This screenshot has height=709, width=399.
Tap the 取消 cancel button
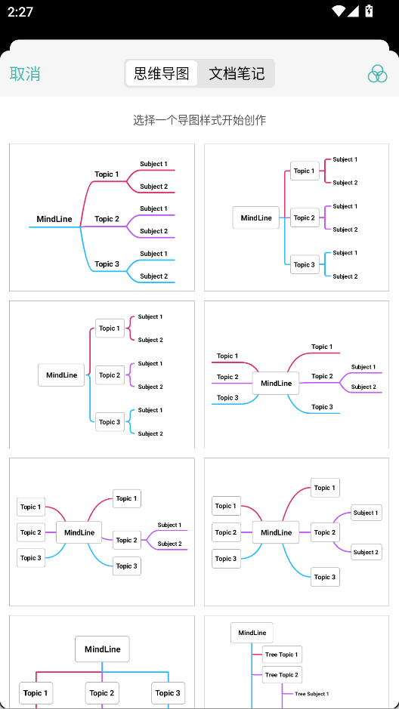tap(25, 73)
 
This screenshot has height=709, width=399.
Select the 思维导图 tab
tap(162, 73)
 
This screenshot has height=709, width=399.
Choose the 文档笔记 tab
tap(237, 73)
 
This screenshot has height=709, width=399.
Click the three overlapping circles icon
tap(377, 73)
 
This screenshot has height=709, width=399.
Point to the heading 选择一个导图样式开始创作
tap(199, 120)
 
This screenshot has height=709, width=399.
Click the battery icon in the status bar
tap(369, 11)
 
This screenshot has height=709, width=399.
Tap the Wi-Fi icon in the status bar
tap(338, 11)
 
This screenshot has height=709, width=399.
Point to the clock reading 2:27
tap(20, 11)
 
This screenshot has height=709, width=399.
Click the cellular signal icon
tap(354, 11)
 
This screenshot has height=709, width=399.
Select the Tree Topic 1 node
tap(282, 655)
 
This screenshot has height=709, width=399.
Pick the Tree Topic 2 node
tap(282, 674)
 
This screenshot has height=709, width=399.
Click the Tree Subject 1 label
tap(311, 694)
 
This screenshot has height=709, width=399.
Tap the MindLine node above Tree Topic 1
tap(252, 633)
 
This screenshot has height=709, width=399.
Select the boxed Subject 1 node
tap(367, 513)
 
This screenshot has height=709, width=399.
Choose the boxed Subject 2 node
tap(367, 552)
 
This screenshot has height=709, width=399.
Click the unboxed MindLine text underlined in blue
tap(54, 219)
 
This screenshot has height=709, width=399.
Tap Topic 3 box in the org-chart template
tap(168, 693)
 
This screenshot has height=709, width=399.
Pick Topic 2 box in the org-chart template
tap(102, 693)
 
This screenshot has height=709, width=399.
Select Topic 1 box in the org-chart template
tap(36, 693)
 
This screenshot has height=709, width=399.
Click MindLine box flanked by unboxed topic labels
tap(276, 384)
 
